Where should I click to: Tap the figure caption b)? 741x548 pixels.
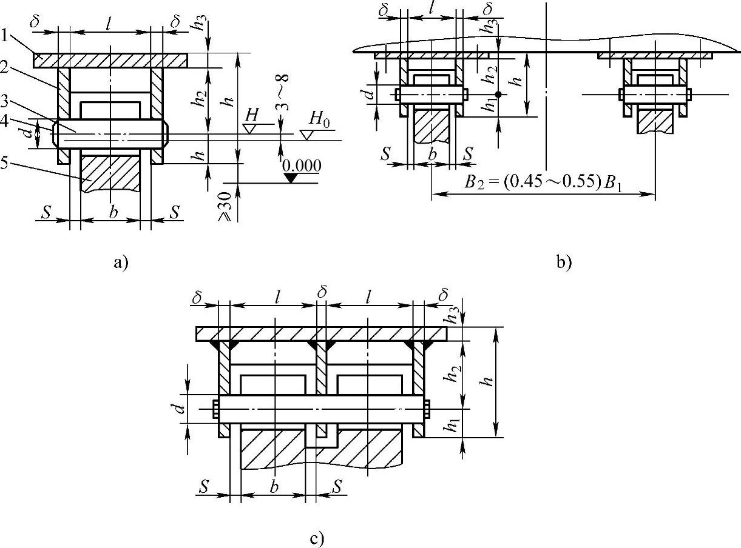pyautogui.click(x=563, y=262)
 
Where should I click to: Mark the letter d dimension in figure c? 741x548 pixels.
pyautogui.click(x=175, y=408)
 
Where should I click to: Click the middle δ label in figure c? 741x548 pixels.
pyautogui.click(x=322, y=291)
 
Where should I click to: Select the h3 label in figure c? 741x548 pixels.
pyautogui.click(x=452, y=315)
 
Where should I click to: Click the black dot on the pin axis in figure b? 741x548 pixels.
pyautogui.click(x=497, y=95)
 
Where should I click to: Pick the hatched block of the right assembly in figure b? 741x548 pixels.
pyautogui.click(x=655, y=121)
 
